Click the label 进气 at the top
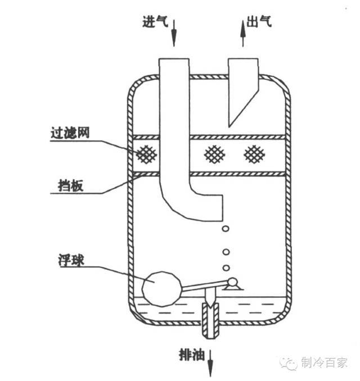154,23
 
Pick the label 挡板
71,186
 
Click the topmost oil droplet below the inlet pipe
226,229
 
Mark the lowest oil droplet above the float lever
226,267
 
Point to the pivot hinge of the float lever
232,284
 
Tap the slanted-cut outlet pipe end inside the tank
242,96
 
